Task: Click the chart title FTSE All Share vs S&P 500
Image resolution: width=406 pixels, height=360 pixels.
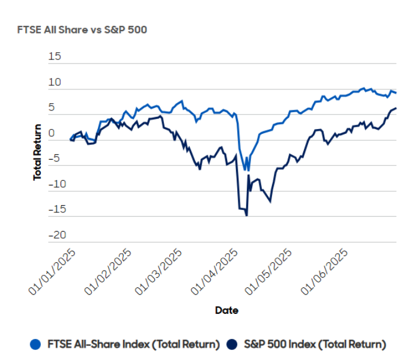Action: coord(82,29)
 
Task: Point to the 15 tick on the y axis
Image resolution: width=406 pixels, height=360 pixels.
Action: coord(55,56)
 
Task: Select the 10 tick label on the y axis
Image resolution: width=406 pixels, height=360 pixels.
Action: coord(55,82)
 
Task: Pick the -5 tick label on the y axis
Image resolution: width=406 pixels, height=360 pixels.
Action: coord(55,159)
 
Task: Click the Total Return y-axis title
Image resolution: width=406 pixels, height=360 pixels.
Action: coord(38,152)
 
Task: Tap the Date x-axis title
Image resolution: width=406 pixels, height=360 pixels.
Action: coord(226,310)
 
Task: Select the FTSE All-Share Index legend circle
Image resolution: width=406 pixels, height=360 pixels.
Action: coord(37,344)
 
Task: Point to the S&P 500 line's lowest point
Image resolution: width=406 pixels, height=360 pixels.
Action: coord(247,215)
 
